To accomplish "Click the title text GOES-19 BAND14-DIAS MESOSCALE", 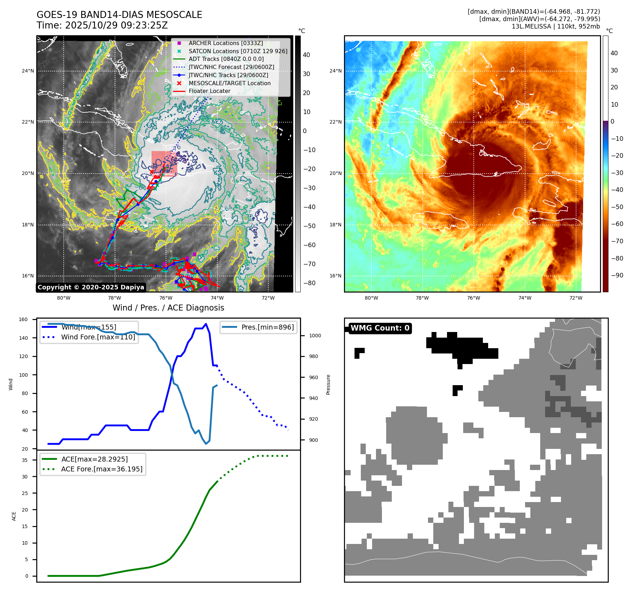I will coord(119,15).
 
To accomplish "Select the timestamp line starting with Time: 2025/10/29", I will coord(102,25).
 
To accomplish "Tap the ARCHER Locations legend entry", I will coord(225,43).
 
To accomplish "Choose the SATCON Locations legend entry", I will coord(238,51).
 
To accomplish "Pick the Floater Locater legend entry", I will coord(209,91).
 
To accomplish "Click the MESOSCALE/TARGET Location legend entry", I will coord(229,83).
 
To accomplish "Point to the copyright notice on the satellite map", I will coord(91,287).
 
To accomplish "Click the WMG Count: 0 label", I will coord(380,328).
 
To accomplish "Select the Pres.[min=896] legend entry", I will coord(267,327).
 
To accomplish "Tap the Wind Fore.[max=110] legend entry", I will coord(98,337).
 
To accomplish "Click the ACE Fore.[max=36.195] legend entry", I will coord(102,469).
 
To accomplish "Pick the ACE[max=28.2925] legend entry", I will coord(94,459).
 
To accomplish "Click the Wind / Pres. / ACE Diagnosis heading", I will coord(168,308).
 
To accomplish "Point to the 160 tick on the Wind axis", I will coord(23,319).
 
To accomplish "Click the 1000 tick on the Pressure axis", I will coord(315,336).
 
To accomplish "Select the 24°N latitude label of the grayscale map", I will coord(28,71).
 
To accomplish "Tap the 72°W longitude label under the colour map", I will coord(576,298).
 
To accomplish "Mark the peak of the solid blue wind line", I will coord(206,324).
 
